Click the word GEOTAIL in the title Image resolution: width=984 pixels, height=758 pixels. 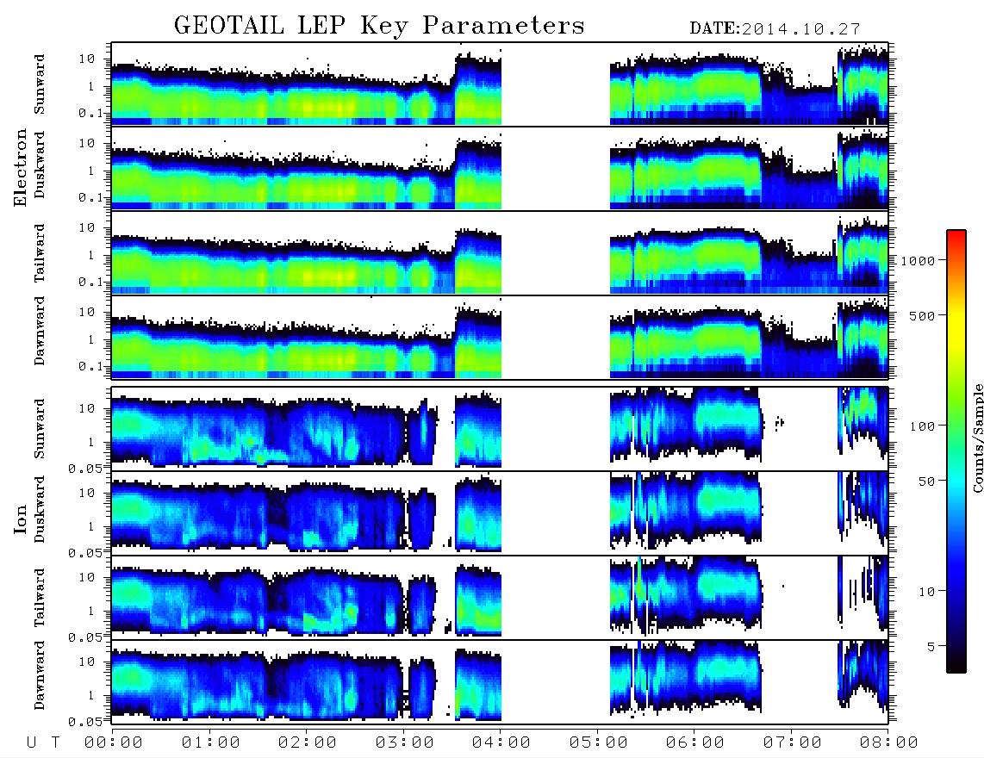coord(228,26)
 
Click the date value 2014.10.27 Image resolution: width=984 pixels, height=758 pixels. coord(800,29)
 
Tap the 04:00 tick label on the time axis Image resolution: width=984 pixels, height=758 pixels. coord(501,743)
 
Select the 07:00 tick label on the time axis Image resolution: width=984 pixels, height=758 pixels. coord(792,743)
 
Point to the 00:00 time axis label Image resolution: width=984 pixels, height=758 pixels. coord(114,743)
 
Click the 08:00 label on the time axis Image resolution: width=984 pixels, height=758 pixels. coord(888,743)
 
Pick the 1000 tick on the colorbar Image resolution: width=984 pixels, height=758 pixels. coord(919,260)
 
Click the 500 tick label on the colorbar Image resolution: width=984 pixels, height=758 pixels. coord(923,315)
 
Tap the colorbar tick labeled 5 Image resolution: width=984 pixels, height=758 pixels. coord(932,646)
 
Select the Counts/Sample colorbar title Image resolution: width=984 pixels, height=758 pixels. coord(977,438)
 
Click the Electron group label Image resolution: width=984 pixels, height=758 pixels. coord(21,167)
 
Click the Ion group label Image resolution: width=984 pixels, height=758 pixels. coord(21,519)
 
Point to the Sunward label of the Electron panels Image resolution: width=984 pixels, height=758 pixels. coord(39,84)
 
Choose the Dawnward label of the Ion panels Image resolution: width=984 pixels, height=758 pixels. coord(39,675)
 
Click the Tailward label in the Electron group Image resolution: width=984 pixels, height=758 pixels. coord(39,253)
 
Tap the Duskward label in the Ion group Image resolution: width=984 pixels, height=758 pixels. coord(39,509)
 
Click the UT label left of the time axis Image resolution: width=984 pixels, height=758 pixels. coord(43,743)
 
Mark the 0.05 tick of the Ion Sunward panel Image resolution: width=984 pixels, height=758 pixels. coord(89,468)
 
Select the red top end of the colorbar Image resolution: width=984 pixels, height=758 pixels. coord(956,233)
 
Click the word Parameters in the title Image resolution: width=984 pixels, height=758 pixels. coord(502,26)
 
